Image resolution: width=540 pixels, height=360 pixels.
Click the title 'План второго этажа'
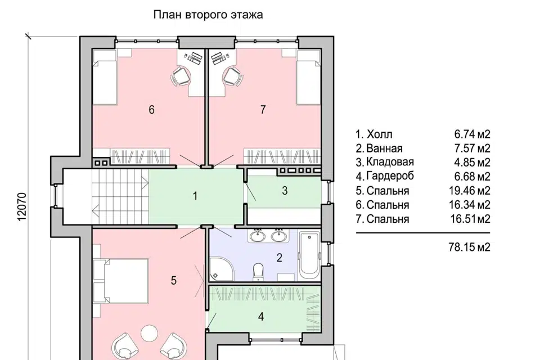pyautogui.click(x=208, y=15)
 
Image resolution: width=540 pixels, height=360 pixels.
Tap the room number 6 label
pyautogui.click(x=151, y=110)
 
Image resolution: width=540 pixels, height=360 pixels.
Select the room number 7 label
pyautogui.click(x=263, y=110)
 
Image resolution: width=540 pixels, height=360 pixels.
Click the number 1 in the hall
pyautogui.click(x=195, y=196)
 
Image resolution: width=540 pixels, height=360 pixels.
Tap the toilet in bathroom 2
pyautogui.click(x=258, y=271)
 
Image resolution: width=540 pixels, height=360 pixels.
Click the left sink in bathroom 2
pyautogui.click(x=258, y=236)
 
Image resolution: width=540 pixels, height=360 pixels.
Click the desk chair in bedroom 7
pyautogui.click(x=232, y=76)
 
